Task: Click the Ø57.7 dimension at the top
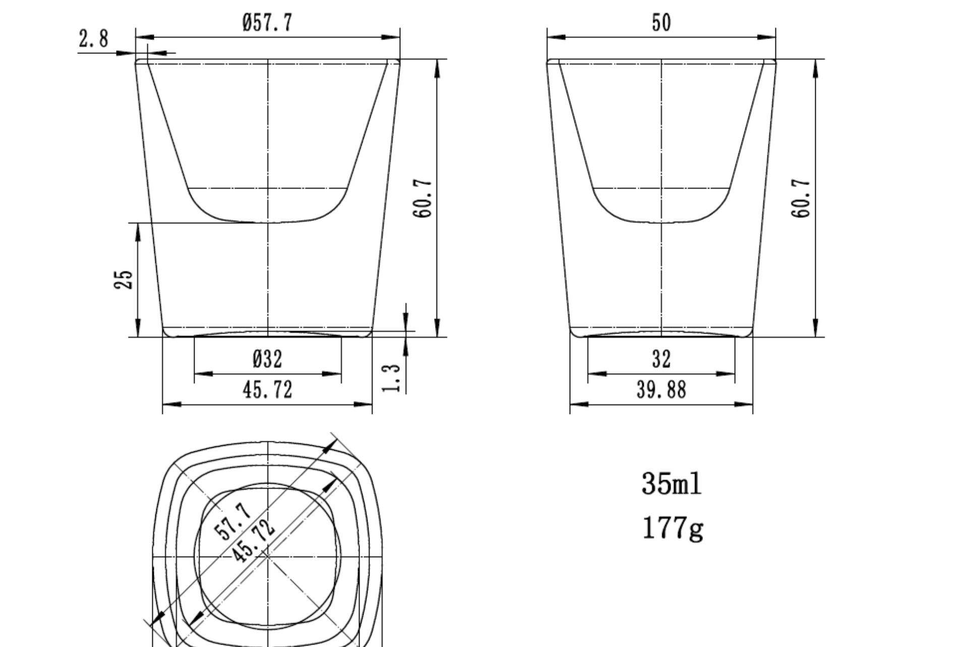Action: pyautogui.click(x=267, y=23)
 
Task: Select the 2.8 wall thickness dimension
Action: pyautogui.click(x=93, y=38)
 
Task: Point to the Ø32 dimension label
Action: pyautogui.click(x=267, y=359)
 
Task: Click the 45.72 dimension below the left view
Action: pyautogui.click(x=267, y=390)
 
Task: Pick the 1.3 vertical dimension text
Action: pyautogui.click(x=392, y=378)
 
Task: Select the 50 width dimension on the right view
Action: pyautogui.click(x=661, y=23)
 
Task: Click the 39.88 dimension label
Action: pyautogui.click(x=661, y=390)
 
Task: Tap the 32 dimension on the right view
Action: pyautogui.click(x=661, y=359)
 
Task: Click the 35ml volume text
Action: pyautogui.click(x=671, y=484)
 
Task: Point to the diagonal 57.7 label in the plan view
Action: pyautogui.click(x=233, y=521)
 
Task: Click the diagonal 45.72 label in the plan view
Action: pyautogui.click(x=254, y=538)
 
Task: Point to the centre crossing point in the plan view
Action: pyautogui.click(x=267, y=557)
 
